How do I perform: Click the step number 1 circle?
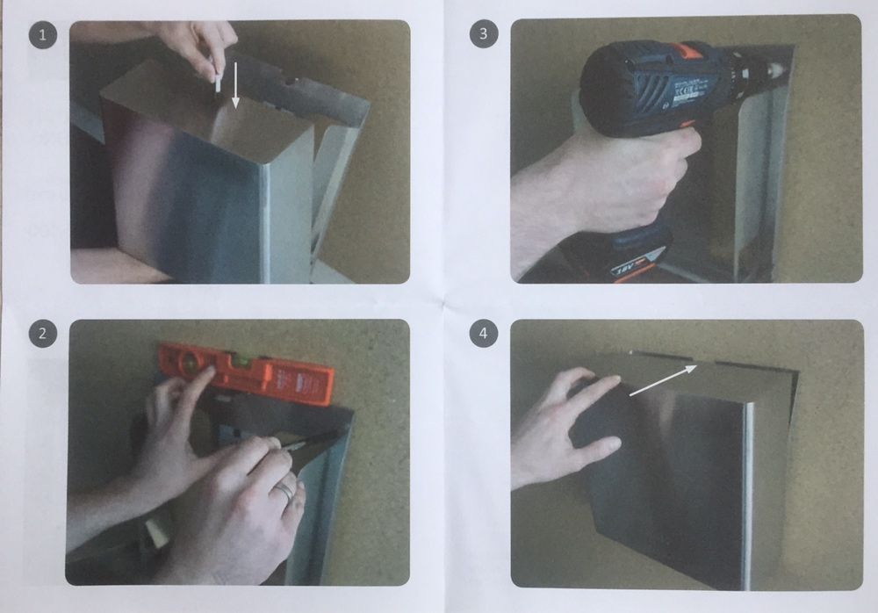[42, 36]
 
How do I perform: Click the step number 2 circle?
[42, 334]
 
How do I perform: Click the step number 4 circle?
[483, 334]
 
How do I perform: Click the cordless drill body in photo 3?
[650, 88]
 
